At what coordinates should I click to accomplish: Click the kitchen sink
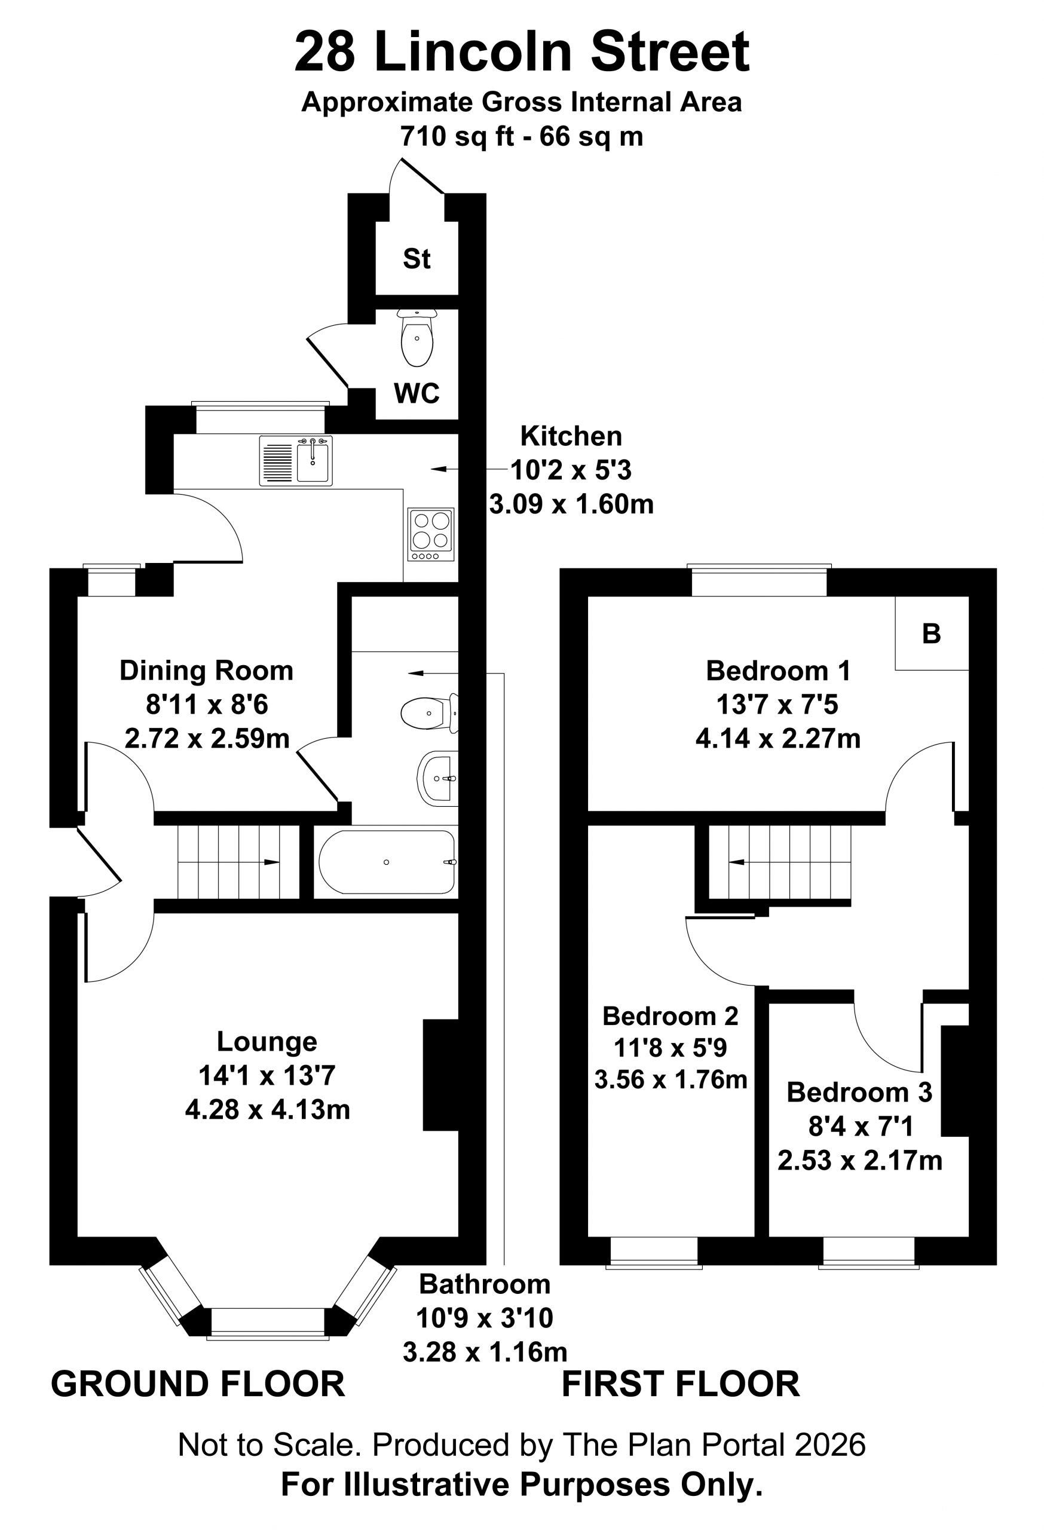[x=296, y=460]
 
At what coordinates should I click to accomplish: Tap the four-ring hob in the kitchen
[x=431, y=534]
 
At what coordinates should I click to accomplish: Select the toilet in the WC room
[x=417, y=337]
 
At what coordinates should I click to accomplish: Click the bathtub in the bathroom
[x=387, y=862]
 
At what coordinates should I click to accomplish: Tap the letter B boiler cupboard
[x=932, y=634]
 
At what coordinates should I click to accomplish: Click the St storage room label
[x=417, y=259]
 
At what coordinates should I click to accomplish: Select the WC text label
[x=417, y=393]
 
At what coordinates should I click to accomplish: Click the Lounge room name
[x=267, y=1041]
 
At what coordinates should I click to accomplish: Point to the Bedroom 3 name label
[x=860, y=1091]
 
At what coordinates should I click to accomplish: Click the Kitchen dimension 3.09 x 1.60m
[x=571, y=504]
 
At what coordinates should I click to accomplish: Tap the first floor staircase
[x=780, y=862]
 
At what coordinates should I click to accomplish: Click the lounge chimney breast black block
[x=440, y=1075]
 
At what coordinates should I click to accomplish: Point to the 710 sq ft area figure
[x=458, y=136]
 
